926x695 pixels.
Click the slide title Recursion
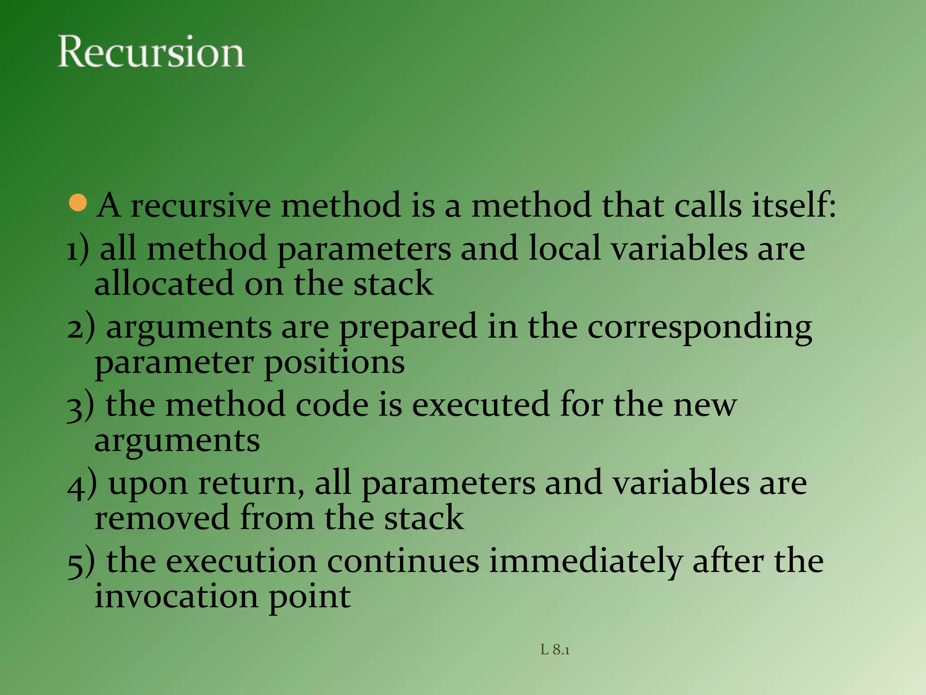click(x=151, y=52)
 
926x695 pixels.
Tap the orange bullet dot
click(x=78, y=203)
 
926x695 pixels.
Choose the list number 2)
click(x=81, y=327)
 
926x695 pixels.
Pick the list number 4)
click(x=82, y=483)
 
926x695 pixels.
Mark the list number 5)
click(x=81, y=562)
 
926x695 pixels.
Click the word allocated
click(x=164, y=284)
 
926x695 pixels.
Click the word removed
click(x=162, y=518)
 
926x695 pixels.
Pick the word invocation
click(x=176, y=596)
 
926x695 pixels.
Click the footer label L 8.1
click(x=555, y=650)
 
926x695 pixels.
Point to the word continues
click(x=402, y=561)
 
